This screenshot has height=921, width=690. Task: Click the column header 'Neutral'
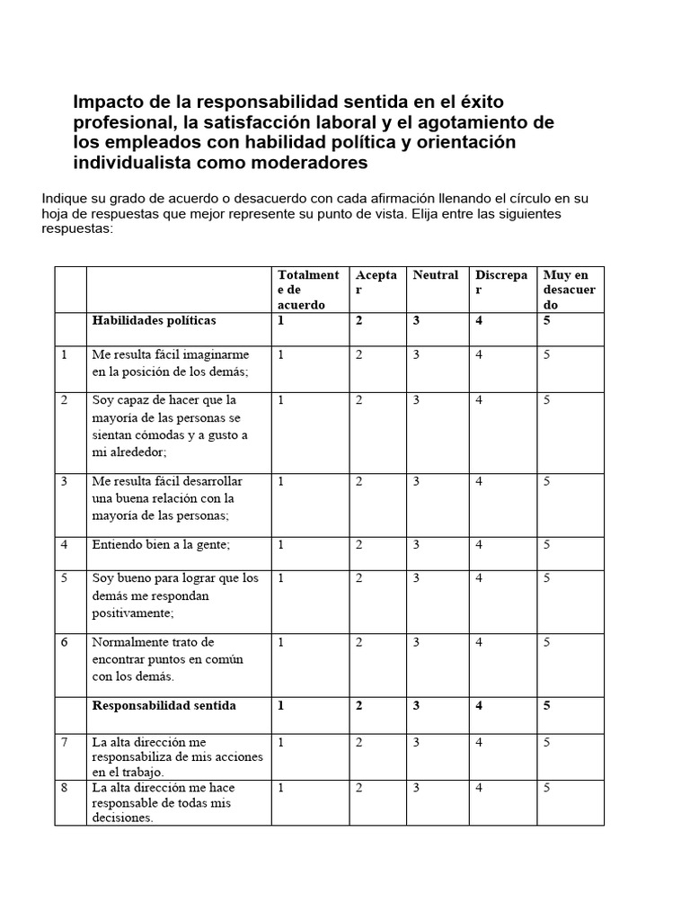tap(435, 275)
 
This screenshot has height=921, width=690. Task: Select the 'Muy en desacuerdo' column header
tap(569, 290)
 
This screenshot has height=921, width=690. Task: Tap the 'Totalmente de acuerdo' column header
tap(308, 290)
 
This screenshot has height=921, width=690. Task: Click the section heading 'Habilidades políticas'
tap(154, 321)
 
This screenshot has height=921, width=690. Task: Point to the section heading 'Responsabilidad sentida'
tap(164, 706)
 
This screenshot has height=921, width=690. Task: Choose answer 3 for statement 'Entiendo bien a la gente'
tap(416, 545)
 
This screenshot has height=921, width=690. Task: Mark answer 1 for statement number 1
tap(281, 355)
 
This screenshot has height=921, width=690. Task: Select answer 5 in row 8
tap(546, 788)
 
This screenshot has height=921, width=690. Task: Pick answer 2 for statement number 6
tap(358, 643)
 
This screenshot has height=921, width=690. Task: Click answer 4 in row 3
tap(480, 482)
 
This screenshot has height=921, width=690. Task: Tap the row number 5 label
tap(65, 578)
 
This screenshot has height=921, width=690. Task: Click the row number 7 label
tap(65, 743)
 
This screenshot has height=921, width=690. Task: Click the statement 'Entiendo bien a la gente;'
tap(162, 545)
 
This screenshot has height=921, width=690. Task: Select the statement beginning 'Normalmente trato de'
tap(155, 659)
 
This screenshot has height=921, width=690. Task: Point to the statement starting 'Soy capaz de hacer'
tap(169, 426)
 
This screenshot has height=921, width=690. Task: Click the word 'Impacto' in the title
tap(106, 102)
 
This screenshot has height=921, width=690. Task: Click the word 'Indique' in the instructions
tap(66, 198)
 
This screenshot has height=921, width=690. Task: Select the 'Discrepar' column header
tap(500, 282)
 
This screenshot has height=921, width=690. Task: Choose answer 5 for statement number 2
tap(546, 401)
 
